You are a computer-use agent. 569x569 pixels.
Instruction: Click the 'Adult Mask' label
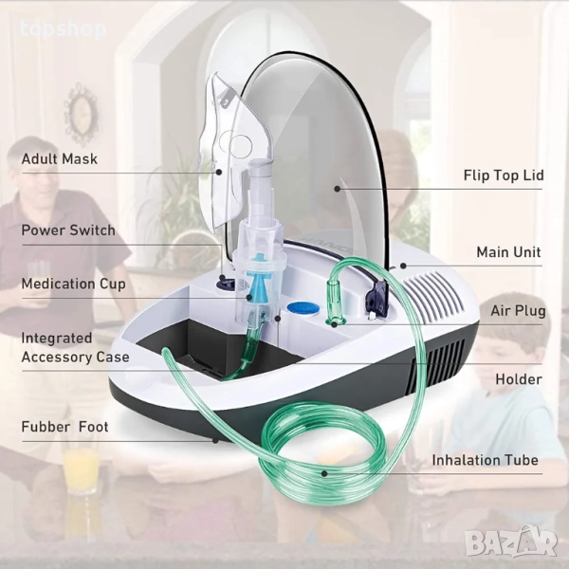[60, 159]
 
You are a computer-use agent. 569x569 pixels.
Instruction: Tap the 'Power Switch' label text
[68, 230]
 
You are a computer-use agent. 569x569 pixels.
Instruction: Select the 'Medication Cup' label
[74, 284]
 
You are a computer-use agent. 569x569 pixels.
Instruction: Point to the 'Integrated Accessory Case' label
[75, 347]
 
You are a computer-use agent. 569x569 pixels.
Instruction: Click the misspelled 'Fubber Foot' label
[64, 427]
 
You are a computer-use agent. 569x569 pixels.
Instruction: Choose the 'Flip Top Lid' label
[504, 175]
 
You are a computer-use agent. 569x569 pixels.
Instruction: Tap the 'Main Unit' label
[508, 252]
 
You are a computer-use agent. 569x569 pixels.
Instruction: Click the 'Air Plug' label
[518, 311]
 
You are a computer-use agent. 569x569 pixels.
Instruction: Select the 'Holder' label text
[519, 379]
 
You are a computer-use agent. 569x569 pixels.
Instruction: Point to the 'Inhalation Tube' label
[486, 460]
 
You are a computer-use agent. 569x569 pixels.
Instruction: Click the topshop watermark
[64, 29]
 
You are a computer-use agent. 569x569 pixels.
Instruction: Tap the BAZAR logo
[511, 541]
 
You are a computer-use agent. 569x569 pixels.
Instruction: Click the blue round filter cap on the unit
[303, 308]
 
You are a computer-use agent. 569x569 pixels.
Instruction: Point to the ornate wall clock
[81, 114]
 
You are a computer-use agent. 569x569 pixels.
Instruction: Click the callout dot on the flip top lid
[337, 189]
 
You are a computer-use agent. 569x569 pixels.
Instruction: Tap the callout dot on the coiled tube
[324, 473]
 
